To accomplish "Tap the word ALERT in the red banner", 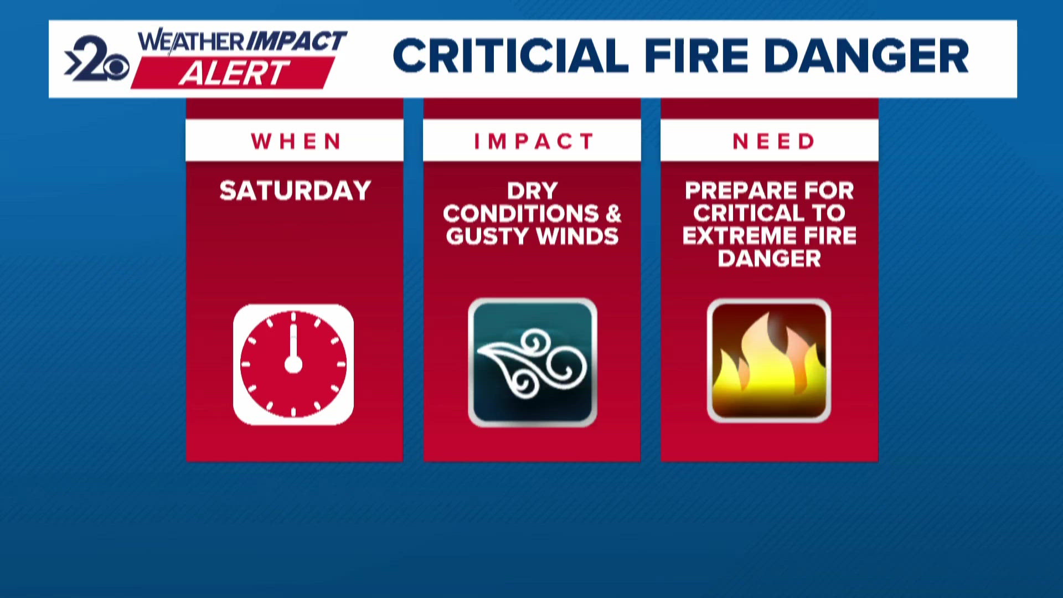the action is pyautogui.click(x=234, y=73).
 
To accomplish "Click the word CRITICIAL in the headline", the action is pyautogui.click(x=510, y=56).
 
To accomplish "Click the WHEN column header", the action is pyautogui.click(x=296, y=142).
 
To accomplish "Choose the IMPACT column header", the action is pyautogui.click(x=534, y=142).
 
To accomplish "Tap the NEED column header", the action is pyautogui.click(x=773, y=142).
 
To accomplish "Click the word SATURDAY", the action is pyautogui.click(x=295, y=191).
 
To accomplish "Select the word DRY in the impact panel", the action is pyautogui.click(x=532, y=191).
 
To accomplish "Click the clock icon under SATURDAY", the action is pyautogui.click(x=293, y=364).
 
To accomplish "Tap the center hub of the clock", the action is pyautogui.click(x=293, y=364).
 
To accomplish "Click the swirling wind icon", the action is pyautogui.click(x=532, y=363).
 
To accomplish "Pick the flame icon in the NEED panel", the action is pyautogui.click(x=769, y=360).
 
